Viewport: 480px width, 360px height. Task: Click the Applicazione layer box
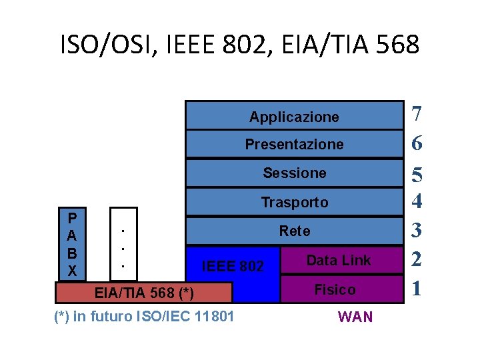pyautogui.click(x=295, y=116)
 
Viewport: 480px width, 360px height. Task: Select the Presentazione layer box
pyautogui.click(x=295, y=144)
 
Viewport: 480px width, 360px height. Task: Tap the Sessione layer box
pyautogui.click(x=295, y=173)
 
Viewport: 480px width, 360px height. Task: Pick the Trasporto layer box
pyautogui.click(x=295, y=202)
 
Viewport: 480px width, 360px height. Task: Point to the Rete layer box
pyautogui.click(x=295, y=231)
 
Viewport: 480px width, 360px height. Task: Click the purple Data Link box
pyautogui.click(x=339, y=261)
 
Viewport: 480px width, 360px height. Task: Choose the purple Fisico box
pyautogui.click(x=335, y=289)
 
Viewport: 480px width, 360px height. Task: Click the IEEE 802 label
pyautogui.click(x=233, y=267)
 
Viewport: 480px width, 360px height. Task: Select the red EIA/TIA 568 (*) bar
pyautogui.click(x=143, y=293)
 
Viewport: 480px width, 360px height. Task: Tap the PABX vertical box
pyautogui.click(x=72, y=245)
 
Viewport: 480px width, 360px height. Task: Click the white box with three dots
pyautogui.click(x=122, y=245)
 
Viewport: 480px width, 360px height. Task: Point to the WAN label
pyautogui.click(x=356, y=317)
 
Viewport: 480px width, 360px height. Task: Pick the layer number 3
pyautogui.click(x=417, y=231)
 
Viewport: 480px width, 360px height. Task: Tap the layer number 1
pyautogui.click(x=417, y=288)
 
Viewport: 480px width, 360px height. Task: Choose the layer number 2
pyautogui.click(x=417, y=260)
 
